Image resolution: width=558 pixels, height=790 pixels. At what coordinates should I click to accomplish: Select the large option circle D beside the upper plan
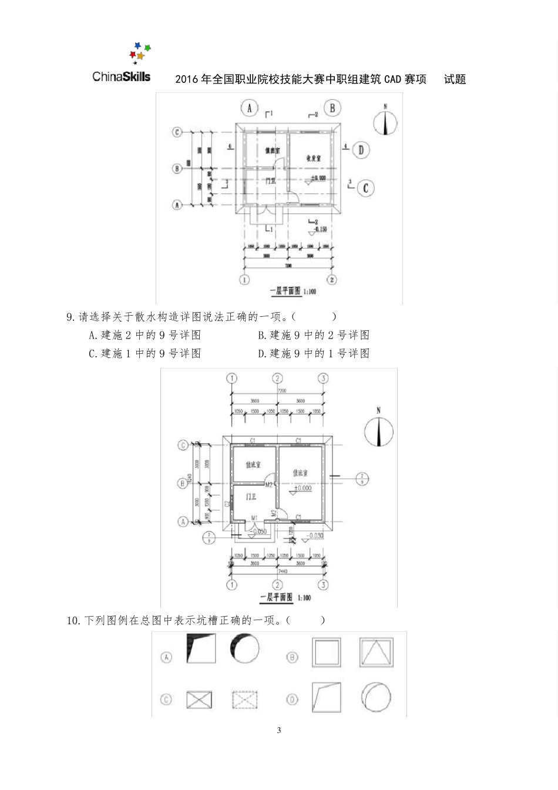[361, 150]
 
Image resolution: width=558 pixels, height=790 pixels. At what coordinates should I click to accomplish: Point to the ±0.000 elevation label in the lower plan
[303, 488]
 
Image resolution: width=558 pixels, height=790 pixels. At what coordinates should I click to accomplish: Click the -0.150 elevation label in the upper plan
[321, 229]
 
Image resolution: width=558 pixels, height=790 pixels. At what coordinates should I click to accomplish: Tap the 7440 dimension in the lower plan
[277, 571]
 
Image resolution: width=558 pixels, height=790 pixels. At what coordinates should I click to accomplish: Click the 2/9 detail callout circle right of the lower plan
[362, 478]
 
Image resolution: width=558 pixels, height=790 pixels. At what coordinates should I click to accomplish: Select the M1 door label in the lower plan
[254, 518]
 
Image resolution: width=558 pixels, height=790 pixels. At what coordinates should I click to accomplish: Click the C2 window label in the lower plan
[227, 503]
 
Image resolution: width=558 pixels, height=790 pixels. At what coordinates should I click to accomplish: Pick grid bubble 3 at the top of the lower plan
[322, 378]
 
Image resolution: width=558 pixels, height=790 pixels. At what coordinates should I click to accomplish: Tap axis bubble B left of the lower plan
[183, 483]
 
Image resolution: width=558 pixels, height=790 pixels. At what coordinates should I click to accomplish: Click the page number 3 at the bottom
[279, 731]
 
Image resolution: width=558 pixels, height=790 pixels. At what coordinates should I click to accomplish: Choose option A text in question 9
[145, 335]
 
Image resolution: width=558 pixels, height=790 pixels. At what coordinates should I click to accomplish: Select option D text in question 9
[314, 353]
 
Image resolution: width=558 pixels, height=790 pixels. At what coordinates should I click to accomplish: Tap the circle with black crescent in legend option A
[244, 648]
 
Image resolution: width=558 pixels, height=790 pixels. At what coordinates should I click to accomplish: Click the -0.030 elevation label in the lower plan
[315, 535]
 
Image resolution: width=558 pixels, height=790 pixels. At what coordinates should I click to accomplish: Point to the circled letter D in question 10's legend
[292, 699]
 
